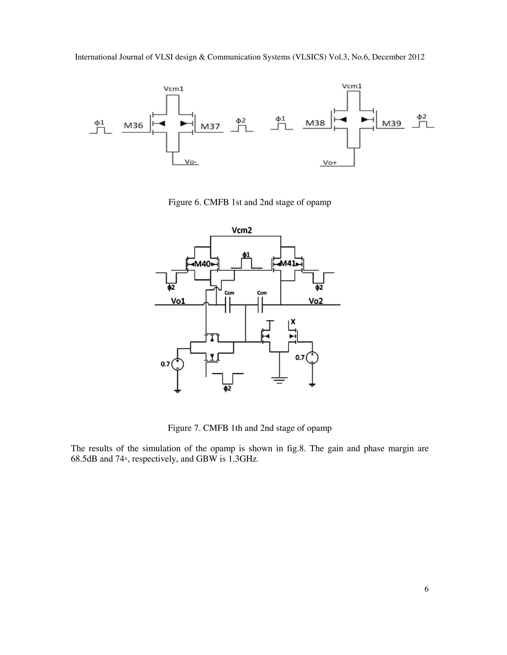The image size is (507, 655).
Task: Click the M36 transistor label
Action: pos(133,125)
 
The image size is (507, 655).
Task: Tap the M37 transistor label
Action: pos(210,126)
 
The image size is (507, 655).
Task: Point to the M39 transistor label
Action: pos(392,123)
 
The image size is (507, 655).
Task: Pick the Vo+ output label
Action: pos(330,163)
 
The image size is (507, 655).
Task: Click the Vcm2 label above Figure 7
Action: pos(242,230)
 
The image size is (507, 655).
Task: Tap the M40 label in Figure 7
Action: pos(203,264)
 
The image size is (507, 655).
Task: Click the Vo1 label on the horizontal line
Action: pos(178,301)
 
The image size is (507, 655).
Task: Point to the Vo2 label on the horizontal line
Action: pos(316,301)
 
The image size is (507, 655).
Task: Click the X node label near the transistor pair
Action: pos(293,322)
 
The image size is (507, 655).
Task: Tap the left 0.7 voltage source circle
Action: pos(177,364)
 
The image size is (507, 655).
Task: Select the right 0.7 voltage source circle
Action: pos(312,357)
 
